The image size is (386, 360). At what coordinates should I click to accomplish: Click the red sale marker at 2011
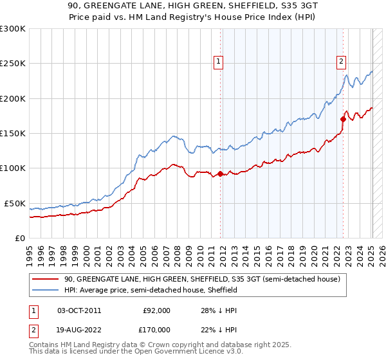(220, 174)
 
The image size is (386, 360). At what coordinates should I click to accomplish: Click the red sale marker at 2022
(344, 119)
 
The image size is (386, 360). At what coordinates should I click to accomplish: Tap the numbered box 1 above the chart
(219, 62)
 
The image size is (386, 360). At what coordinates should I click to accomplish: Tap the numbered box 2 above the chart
(340, 62)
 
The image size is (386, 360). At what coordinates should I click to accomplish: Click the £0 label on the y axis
(20, 238)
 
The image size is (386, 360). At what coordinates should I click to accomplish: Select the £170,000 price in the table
(156, 330)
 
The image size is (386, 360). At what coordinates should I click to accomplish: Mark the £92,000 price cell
(156, 310)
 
